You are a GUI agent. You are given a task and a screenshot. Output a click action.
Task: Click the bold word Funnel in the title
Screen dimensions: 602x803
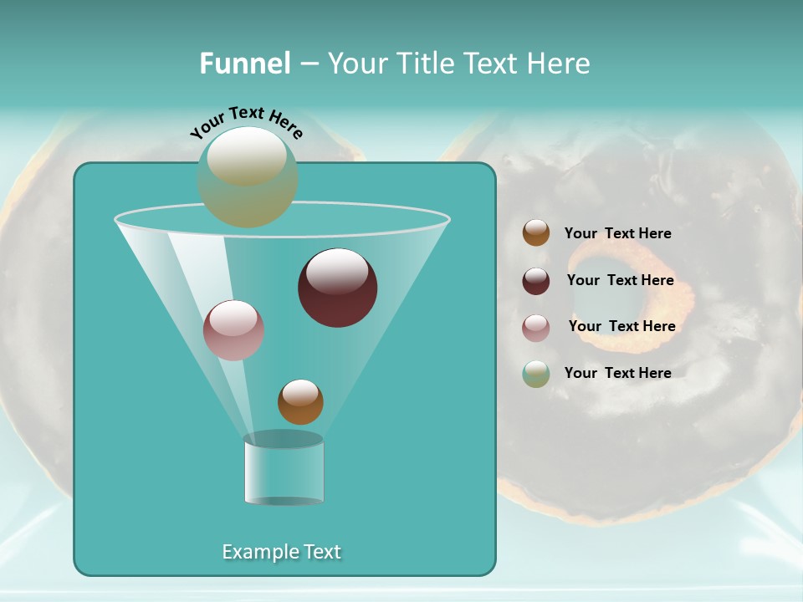tap(245, 64)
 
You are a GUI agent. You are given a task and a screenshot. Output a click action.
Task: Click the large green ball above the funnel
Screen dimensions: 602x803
tap(248, 177)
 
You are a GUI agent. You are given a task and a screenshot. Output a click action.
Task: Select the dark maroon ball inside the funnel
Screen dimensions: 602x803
tap(338, 288)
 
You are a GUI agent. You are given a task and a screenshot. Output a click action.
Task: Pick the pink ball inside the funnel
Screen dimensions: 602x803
tap(233, 330)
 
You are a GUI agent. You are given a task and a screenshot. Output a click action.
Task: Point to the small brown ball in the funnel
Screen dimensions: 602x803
tap(300, 402)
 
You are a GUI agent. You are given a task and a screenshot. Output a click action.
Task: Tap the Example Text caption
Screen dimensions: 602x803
tap(281, 552)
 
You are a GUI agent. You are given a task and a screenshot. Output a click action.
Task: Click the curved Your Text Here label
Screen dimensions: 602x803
tap(246, 121)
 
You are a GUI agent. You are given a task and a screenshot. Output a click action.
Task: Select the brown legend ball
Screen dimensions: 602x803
tap(536, 233)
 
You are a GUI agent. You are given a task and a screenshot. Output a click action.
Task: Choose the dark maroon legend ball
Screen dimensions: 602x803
tap(536, 281)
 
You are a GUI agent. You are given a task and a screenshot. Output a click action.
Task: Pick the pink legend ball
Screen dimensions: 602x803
tap(536, 327)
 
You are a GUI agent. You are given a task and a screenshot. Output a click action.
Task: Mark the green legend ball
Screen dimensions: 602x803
tap(536, 374)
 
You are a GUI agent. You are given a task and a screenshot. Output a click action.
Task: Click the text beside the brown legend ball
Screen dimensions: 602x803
tap(617, 233)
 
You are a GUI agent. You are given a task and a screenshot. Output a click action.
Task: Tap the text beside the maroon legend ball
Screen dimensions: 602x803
tap(620, 280)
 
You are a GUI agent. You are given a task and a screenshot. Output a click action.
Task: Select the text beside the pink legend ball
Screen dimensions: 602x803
tap(621, 326)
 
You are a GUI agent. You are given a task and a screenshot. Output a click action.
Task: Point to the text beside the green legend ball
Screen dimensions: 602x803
tap(617, 373)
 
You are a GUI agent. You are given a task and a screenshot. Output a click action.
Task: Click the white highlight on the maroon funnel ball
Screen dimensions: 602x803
tap(337, 271)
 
